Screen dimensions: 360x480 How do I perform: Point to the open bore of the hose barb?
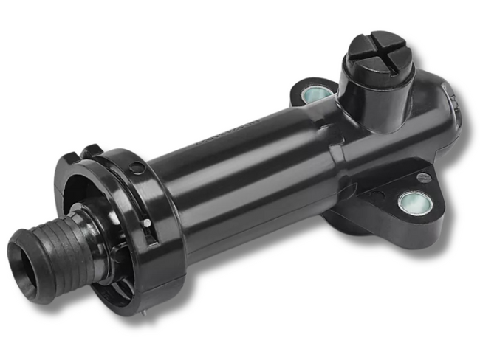coord(23,257)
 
